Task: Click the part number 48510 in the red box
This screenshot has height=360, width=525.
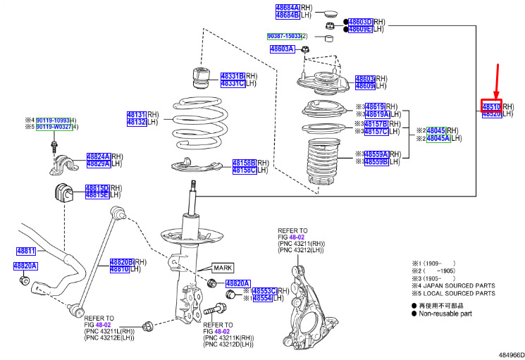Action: tap(490, 106)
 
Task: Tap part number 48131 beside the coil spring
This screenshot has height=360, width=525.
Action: tap(136, 113)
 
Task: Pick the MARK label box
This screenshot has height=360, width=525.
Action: tap(223, 268)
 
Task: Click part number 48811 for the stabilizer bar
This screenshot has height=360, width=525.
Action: tap(26, 251)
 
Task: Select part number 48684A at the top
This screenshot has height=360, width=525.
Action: tap(287, 7)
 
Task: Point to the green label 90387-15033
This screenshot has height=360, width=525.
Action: tap(285, 35)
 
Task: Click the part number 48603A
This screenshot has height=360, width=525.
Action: tap(282, 49)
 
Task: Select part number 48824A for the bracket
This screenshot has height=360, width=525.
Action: tap(98, 156)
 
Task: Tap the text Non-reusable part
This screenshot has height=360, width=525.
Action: tap(450, 315)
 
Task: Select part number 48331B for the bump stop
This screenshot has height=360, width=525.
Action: tap(232, 75)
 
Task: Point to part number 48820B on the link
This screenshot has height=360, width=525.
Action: tap(121, 261)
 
